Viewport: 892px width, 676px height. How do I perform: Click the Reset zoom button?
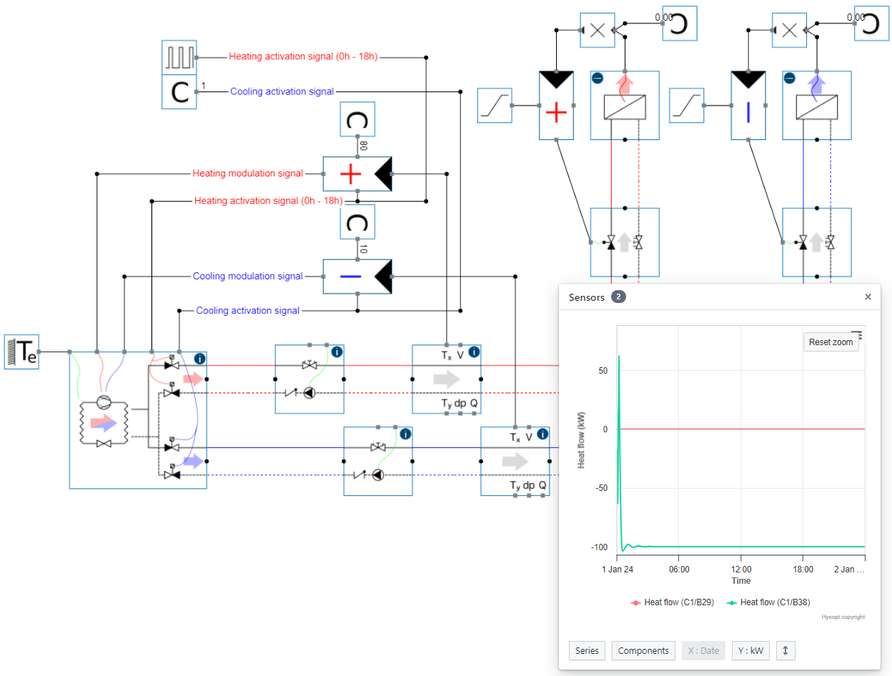coord(831,342)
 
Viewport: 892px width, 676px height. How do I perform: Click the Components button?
coord(643,651)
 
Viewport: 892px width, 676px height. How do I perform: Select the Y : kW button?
coord(750,651)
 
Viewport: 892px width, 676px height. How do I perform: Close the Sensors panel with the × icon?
coord(868,297)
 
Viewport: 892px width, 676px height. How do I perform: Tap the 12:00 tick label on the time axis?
coord(741,570)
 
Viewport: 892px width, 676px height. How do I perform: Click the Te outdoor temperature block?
coord(21,352)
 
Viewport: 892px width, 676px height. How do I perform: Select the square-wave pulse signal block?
coord(179,57)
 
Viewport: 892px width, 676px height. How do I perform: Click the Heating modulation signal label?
coord(247,174)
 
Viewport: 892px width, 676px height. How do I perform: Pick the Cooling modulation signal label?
coord(247,276)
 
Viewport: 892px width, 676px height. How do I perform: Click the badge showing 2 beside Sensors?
coord(618,297)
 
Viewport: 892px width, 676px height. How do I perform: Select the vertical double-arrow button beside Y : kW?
coord(785,651)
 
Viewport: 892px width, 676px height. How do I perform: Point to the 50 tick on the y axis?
coord(603,370)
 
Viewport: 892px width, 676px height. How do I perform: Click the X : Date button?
coord(703,651)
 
